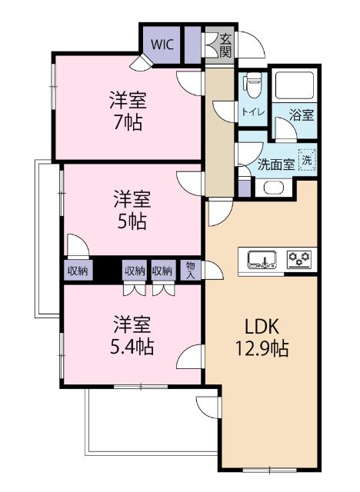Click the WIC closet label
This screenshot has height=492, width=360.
tap(162, 44)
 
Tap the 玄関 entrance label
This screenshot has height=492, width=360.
tap(225, 45)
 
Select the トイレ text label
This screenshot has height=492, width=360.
tap(253, 111)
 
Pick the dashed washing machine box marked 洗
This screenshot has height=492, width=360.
tap(307, 161)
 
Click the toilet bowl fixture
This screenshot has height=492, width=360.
tap(252, 84)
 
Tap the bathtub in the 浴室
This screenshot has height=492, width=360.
tap(296, 87)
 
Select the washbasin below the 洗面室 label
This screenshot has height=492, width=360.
tap(273, 186)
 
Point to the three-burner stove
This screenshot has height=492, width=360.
tap(299, 260)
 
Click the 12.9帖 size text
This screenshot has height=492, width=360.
tap(262, 348)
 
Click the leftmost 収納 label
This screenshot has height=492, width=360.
tap(77, 270)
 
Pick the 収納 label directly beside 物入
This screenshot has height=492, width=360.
tap(162, 270)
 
